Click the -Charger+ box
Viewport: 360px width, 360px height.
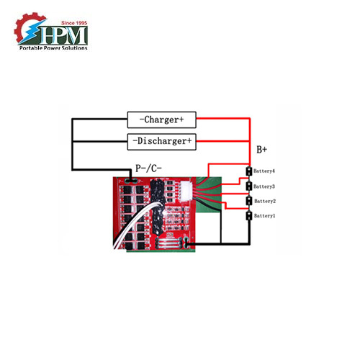(x=161, y=120)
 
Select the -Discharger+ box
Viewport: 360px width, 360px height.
(x=161, y=141)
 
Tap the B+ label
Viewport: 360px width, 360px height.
(x=262, y=150)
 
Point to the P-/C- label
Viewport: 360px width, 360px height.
(x=149, y=168)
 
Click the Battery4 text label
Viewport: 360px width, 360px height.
(x=266, y=171)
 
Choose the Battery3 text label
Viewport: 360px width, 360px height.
(x=266, y=186)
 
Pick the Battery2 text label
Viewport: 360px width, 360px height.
(x=266, y=201)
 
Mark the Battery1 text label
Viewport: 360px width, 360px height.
(x=266, y=216)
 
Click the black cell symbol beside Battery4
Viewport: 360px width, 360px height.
(x=249, y=171)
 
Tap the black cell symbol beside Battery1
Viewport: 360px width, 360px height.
(x=249, y=216)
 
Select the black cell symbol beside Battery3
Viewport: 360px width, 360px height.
(x=249, y=186)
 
